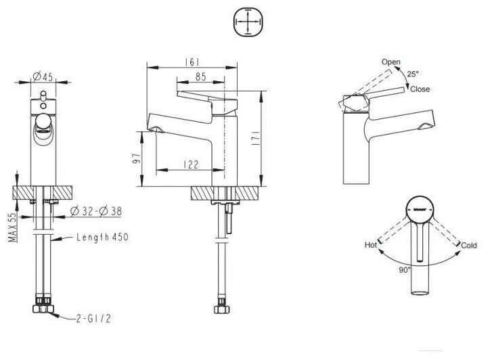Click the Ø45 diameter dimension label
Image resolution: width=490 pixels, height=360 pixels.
pos(43,76)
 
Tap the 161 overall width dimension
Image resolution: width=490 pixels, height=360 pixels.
pos(190,62)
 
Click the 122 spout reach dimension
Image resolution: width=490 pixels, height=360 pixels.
pos(192,164)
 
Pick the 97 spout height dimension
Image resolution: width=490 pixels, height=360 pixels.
pos(135,160)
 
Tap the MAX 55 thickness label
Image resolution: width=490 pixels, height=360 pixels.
pos(12,227)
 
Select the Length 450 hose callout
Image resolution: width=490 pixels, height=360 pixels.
pos(102,238)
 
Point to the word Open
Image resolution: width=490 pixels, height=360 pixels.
pos(391,62)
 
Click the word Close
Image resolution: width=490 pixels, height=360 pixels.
pos(420,89)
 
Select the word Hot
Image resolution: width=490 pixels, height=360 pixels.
pos(371,245)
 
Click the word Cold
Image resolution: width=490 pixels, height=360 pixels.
pos(469,245)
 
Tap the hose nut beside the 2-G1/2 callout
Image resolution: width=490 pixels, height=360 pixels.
pos(44,307)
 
